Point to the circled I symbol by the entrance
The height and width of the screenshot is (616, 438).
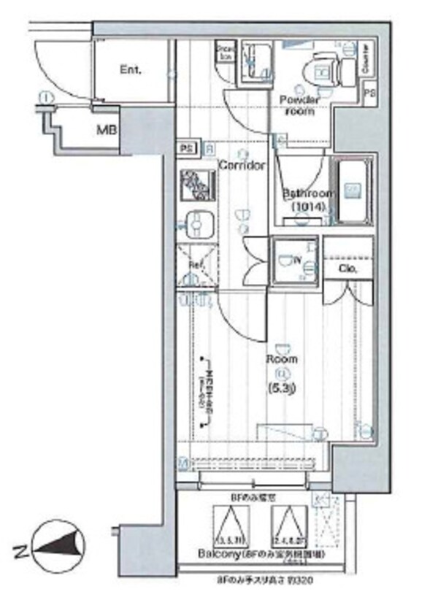coord(46,96)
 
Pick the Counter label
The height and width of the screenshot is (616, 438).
coord(365,65)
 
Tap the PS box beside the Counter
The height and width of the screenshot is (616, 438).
coord(370,94)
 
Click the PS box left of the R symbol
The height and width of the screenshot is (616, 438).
coord(187,149)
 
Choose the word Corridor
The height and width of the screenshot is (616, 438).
coord(242,166)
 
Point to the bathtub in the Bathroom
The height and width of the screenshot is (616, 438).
coord(353,191)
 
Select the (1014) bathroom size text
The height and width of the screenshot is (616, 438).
coord(307,207)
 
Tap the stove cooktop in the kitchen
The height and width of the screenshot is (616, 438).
coord(195,185)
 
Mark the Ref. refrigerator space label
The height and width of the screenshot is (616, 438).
coord(196,263)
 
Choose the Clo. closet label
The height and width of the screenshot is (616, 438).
coord(347,269)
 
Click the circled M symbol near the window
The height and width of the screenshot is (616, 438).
coord(184,462)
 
